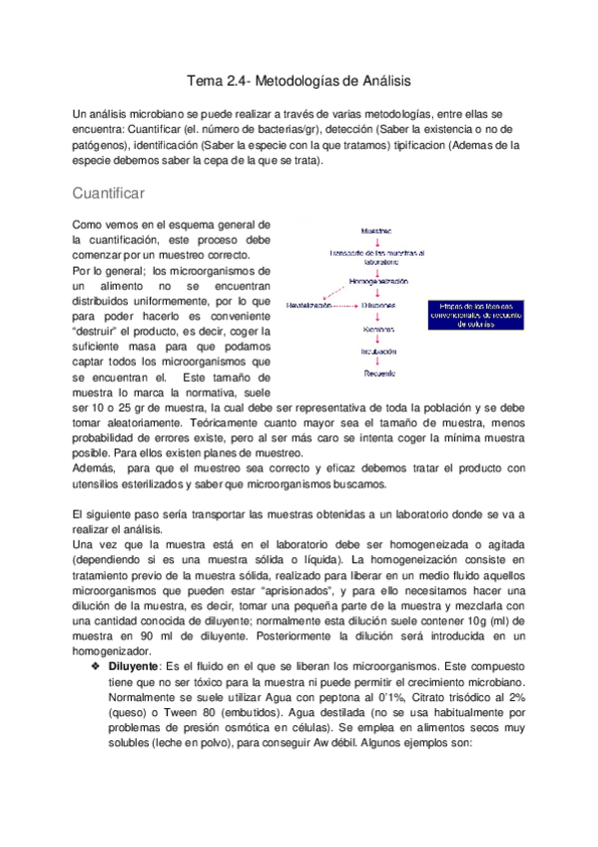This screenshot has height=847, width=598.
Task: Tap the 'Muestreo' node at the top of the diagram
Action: click(376, 230)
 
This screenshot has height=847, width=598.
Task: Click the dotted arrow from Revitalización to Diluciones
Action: click(345, 305)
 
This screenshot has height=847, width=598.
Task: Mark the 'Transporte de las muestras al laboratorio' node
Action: click(377, 257)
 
